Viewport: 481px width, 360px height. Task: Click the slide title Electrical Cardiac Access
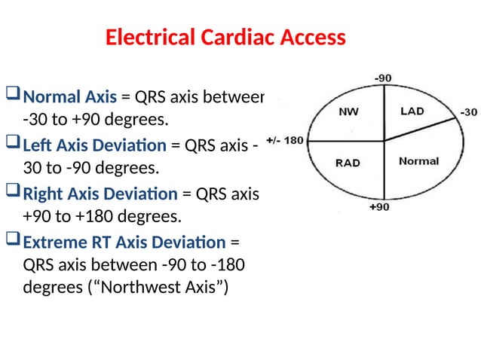click(225, 37)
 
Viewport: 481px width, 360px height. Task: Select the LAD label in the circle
click(412, 111)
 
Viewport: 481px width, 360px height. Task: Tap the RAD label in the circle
click(348, 162)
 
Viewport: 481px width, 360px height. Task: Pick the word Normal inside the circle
click(418, 161)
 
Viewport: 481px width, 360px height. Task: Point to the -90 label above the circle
click(384, 78)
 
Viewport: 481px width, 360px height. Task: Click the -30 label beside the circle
click(468, 112)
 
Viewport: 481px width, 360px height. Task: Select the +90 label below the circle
click(378, 207)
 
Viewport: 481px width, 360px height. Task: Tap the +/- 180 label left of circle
click(285, 140)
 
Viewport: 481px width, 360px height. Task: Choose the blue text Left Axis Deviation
click(95, 145)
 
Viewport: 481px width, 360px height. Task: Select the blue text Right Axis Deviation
click(100, 194)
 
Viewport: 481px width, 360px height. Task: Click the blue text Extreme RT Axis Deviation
click(124, 243)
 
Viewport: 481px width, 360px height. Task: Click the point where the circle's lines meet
click(384, 140)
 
